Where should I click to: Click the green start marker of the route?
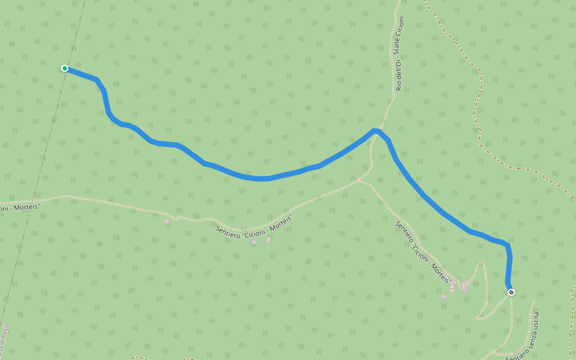point(65,68)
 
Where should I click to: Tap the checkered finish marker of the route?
point(511,292)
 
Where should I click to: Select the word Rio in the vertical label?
point(399,85)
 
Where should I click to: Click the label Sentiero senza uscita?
point(524,337)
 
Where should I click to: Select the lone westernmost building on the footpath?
point(166,222)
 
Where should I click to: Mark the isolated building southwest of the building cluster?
point(443,296)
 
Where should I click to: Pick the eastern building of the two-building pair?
point(269,240)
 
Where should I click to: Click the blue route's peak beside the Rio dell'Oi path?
point(375,130)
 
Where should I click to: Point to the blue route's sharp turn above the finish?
point(508,245)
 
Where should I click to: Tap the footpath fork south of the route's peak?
point(360,181)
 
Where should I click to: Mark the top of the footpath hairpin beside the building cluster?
point(481,262)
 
